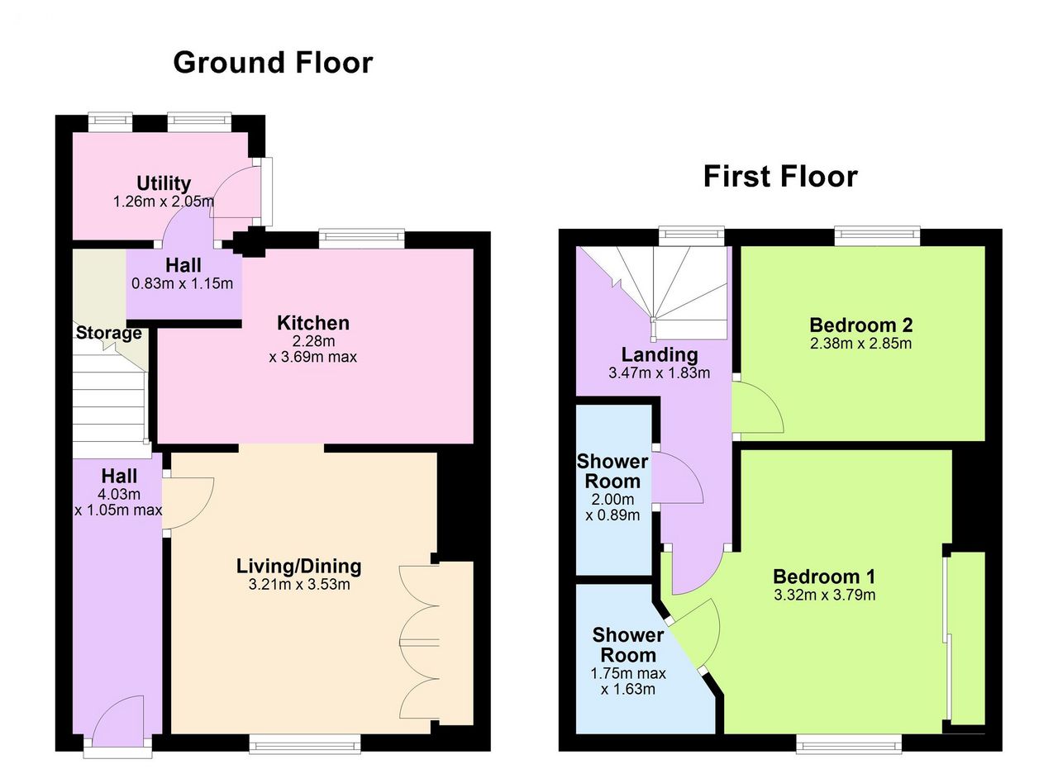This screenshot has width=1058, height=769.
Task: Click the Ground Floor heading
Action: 273,63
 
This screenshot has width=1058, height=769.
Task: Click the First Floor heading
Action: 780,177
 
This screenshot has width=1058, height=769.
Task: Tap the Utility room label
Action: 164,183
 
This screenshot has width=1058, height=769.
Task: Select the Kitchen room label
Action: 313,323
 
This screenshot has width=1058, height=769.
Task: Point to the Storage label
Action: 108,333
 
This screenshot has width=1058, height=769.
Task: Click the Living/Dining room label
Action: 299,566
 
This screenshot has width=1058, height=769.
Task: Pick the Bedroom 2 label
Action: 860,325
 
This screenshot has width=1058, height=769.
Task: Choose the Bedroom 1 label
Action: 824,577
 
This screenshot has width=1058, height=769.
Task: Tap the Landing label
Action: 660,354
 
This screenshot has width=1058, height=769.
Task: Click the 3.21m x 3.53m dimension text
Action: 299,585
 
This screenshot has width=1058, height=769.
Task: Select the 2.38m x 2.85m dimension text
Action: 860,343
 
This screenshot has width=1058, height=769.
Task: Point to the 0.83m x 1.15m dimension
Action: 183,283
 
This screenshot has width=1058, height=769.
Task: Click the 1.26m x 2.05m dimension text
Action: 164,202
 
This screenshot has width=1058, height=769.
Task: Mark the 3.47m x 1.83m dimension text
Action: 660,373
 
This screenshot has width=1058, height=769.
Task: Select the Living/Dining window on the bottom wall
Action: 305,745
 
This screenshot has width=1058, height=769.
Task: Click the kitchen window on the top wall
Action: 362,238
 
